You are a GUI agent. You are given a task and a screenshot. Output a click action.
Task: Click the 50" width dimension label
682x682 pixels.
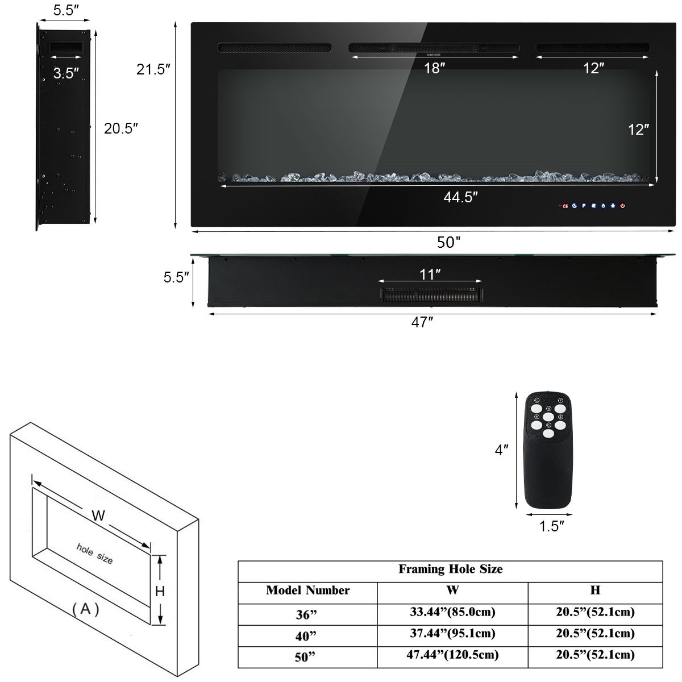pyautogui.click(x=448, y=243)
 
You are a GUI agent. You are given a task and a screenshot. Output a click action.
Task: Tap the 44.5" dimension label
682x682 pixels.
pyautogui.click(x=460, y=197)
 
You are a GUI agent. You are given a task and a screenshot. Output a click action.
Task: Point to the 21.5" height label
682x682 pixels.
pyautogui.click(x=153, y=70)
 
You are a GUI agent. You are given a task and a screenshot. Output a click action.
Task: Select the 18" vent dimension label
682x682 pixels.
pyautogui.click(x=434, y=69)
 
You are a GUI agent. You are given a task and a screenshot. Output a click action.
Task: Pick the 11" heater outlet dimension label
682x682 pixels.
pyautogui.click(x=430, y=275)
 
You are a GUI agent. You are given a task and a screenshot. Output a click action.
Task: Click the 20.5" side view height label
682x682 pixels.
pyautogui.click(x=121, y=128)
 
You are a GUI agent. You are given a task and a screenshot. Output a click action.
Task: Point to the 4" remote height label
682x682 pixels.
pyautogui.click(x=501, y=450)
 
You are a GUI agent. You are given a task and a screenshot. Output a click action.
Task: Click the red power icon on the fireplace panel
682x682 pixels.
pyautogui.click(x=623, y=206)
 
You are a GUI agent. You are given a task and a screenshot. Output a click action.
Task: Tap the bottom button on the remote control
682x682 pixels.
pyautogui.click(x=548, y=434)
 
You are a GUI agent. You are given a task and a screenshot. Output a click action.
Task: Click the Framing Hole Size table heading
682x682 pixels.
pyautogui.click(x=450, y=569)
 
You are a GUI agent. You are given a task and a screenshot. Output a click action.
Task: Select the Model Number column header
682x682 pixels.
pyautogui.click(x=307, y=590)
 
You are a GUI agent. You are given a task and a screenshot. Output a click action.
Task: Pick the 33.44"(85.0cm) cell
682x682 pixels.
pyautogui.click(x=452, y=613)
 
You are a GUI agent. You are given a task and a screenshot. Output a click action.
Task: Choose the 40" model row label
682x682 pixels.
pyautogui.click(x=307, y=634)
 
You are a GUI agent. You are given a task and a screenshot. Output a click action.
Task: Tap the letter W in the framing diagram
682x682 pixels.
pyautogui.click(x=98, y=516)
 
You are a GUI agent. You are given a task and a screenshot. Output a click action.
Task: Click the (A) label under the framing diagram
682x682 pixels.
pyautogui.click(x=85, y=609)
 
